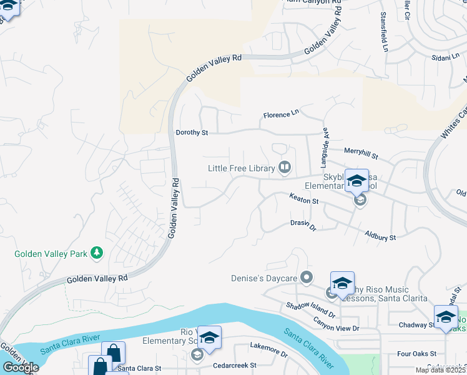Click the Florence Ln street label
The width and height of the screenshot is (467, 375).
coord(281,115)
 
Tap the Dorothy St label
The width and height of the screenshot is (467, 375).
coord(191,132)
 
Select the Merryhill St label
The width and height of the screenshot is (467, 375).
coord(361,151)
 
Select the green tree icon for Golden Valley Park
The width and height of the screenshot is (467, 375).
coord(96,252)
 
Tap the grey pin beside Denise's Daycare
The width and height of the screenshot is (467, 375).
coord(306,276)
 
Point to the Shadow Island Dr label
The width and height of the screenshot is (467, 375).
coord(311,309)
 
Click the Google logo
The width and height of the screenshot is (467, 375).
coord(20,367)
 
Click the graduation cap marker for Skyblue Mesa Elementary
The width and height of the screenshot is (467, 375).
coord(356,181)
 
